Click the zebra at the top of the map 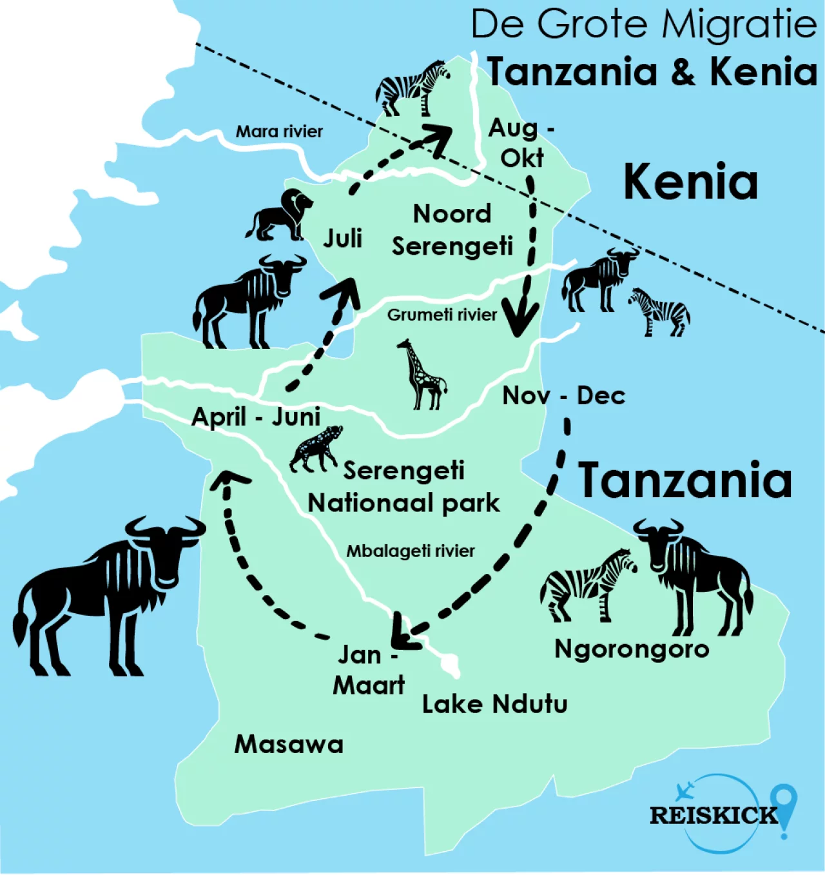(412, 87)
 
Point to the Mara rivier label (279, 132)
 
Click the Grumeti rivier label (442, 315)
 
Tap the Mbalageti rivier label (411, 551)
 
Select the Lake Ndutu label (494, 704)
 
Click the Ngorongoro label (632, 649)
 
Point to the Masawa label (289, 744)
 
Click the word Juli (342, 239)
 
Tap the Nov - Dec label (563, 395)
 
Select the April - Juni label (256, 417)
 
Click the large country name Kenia (690, 182)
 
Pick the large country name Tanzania (684, 480)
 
